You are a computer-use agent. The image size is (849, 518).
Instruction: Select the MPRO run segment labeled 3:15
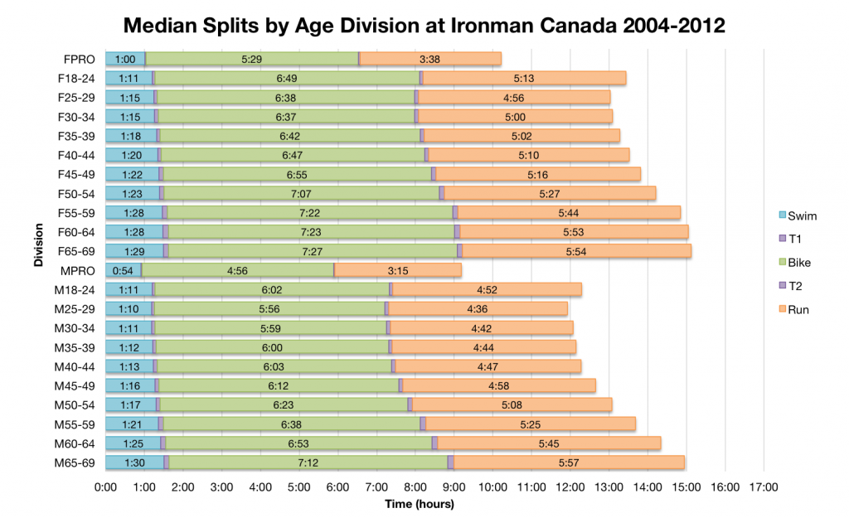(398, 270)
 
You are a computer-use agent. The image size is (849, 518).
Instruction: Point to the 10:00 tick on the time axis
(493, 487)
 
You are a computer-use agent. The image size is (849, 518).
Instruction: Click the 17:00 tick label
(764, 487)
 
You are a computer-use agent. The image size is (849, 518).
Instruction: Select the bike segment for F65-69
(313, 251)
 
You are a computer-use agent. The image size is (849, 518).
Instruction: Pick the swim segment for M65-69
(134, 462)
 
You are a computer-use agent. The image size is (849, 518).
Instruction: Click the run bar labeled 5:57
(569, 462)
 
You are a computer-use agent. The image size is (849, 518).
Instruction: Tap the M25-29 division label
(78, 309)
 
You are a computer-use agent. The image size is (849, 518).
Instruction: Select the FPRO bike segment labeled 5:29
(252, 59)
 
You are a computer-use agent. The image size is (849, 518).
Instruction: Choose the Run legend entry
(792, 310)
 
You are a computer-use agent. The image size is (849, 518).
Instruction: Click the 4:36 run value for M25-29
(478, 309)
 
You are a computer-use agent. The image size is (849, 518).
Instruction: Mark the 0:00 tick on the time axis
(105, 487)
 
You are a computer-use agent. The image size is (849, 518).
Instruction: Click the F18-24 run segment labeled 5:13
(524, 78)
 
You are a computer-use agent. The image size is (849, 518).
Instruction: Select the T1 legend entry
(788, 240)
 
